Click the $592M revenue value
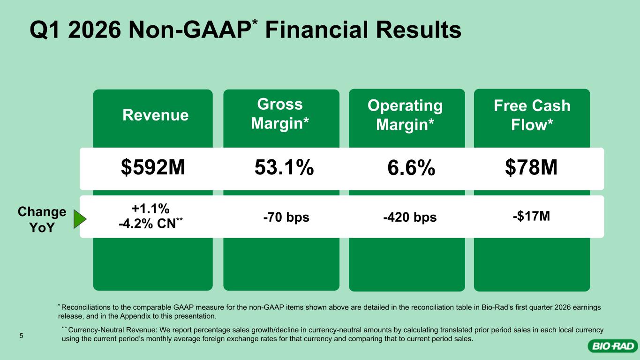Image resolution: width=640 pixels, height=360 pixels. pos(153,167)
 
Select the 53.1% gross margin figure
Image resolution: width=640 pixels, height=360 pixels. pos(284,167)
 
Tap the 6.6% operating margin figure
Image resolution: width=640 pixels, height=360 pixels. pos(411,168)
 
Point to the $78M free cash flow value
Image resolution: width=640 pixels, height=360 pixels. pos(531,167)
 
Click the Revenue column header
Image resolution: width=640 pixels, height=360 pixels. pos(156,115)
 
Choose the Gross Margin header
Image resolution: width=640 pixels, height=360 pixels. pos(280,114)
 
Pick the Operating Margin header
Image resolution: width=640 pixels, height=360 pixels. pos(405,115)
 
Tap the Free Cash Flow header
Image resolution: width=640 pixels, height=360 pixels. pos(532,115)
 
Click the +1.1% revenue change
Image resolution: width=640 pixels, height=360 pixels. pos(151,209)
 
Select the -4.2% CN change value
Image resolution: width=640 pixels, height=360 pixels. pos(151,224)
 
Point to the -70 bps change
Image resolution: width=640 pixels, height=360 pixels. pos(286,217)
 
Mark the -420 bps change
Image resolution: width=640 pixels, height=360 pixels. pos(410,217)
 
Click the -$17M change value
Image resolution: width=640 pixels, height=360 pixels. pos(531,216)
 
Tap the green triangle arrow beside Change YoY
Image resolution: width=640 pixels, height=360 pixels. pos(79,219)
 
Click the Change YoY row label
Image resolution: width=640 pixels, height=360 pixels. pos(42,219)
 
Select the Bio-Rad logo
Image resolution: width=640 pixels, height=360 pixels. pos(613,346)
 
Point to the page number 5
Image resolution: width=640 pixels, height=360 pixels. pos(21,336)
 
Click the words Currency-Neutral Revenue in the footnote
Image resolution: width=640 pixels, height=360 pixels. pos(113,330)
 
